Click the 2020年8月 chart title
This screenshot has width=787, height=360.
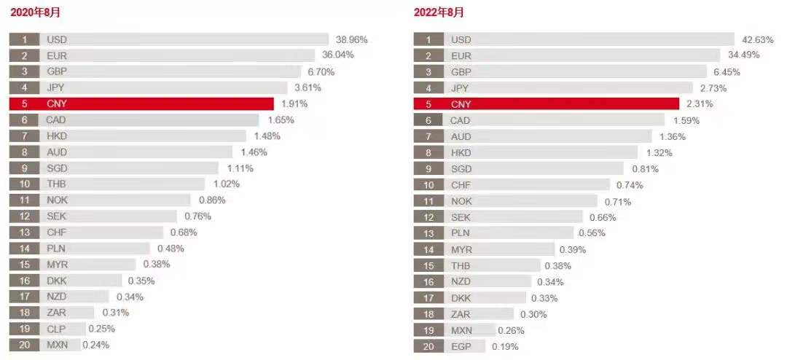click(35, 12)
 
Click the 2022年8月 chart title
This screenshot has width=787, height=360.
click(439, 12)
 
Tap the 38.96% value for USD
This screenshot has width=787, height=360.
click(351, 39)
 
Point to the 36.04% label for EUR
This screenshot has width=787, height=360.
click(338, 55)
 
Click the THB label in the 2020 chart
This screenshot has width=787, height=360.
click(56, 184)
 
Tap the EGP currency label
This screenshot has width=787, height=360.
click(461, 346)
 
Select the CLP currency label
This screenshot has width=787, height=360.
click(56, 329)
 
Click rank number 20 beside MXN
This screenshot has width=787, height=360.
click(24, 345)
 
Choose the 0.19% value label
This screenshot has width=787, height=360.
click(505, 347)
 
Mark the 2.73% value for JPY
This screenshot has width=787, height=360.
click(713, 88)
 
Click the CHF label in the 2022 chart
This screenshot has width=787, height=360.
click(461, 185)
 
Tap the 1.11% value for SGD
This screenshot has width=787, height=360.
click(240, 168)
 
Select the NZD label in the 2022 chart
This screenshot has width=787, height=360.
click(461, 282)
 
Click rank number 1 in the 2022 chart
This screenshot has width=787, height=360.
click(428, 40)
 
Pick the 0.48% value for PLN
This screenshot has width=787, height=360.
click(171, 249)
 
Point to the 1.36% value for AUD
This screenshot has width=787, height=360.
click(672, 136)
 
